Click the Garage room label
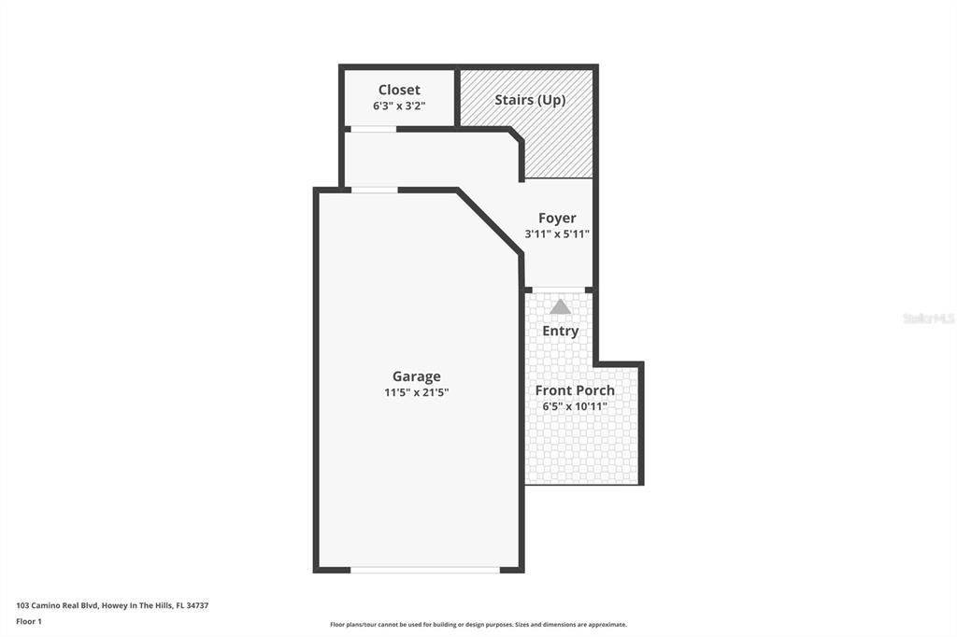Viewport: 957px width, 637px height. [x=416, y=376]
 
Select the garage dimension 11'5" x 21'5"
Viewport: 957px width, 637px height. [x=416, y=393]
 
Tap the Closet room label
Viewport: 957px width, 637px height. [x=399, y=90]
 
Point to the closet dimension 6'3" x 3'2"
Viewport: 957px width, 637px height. [x=399, y=106]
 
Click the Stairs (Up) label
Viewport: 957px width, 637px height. [x=530, y=100]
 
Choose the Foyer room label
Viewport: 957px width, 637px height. [x=557, y=219]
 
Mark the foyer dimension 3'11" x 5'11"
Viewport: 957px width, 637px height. [x=557, y=234]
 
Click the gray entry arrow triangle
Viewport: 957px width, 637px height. [x=560, y=306]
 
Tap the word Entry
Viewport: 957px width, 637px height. [x=561, y=331]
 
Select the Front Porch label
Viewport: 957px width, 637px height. [x=575, y=390]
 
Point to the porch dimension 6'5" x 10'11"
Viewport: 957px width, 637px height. [x=575, y=406]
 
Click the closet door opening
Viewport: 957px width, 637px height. [x=373, y=129]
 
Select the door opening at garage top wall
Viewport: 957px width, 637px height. [x=374, y=191]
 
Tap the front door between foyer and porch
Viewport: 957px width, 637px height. [x=559, y=290]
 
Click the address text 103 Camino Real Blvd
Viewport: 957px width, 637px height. [x=112, y=605]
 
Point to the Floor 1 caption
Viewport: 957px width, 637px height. [x=29, y=621]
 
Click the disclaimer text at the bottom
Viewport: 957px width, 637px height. [x=478, y=625]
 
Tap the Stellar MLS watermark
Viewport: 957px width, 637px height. [x=928, y=318]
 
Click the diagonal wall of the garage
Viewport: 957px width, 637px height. [x=489, y=221]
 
